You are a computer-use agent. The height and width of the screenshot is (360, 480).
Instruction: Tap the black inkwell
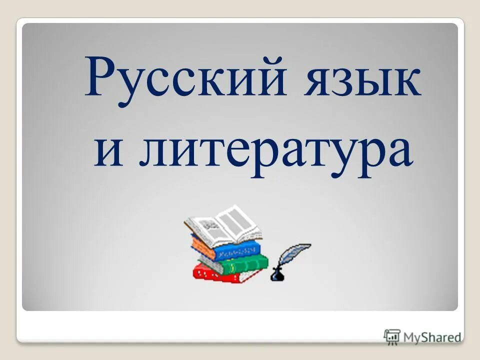point(276,274)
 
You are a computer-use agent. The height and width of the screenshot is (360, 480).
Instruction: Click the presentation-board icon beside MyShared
point(392,336)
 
